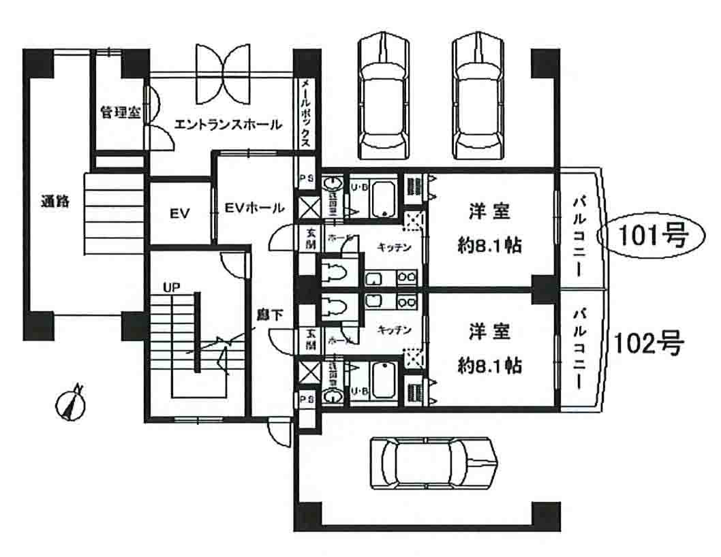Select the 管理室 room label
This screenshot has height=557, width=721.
tap(120, 113)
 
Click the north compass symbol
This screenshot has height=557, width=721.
tap(70, 403)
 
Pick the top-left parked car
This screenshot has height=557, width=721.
tap(386, 97)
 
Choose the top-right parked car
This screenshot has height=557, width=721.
tap(481, 97)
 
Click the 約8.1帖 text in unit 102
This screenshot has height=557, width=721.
tap(489, 366)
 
